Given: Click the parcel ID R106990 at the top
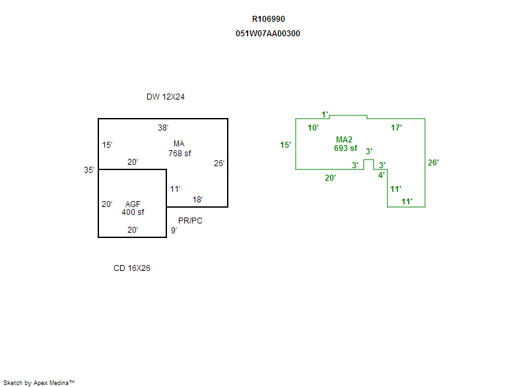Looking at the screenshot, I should (x=269, y=19).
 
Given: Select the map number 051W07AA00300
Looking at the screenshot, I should (x=268, y=34).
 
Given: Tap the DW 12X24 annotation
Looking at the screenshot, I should (x=165, y=97).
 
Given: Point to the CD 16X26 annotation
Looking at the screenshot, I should (x=132, y=268).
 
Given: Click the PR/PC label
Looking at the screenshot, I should (x=190, y=221).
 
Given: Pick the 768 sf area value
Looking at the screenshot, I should (x=180, y=154).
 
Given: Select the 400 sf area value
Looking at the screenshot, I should (x=133, y=212).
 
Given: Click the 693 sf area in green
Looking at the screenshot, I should (x=345, y=148).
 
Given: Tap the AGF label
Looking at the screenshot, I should (x=133, y=204).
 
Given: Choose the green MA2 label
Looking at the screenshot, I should (x=344, y=140).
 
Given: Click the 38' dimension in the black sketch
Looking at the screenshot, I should (x=163, y=127).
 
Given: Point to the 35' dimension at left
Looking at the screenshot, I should (x=89, y=170).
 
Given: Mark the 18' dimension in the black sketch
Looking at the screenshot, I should (x=197, y=199).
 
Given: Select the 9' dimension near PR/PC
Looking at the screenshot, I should (x=174, y=231).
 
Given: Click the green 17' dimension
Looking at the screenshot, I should (x=397, y=128).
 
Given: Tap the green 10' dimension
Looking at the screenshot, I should (x=313, y=127).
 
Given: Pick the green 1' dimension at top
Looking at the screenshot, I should (x=325, y=115).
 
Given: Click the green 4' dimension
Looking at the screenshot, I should (x=381, y=175).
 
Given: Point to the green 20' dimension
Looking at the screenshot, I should (x=330, y=177).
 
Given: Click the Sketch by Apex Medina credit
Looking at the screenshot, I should (x=38, y=382).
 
